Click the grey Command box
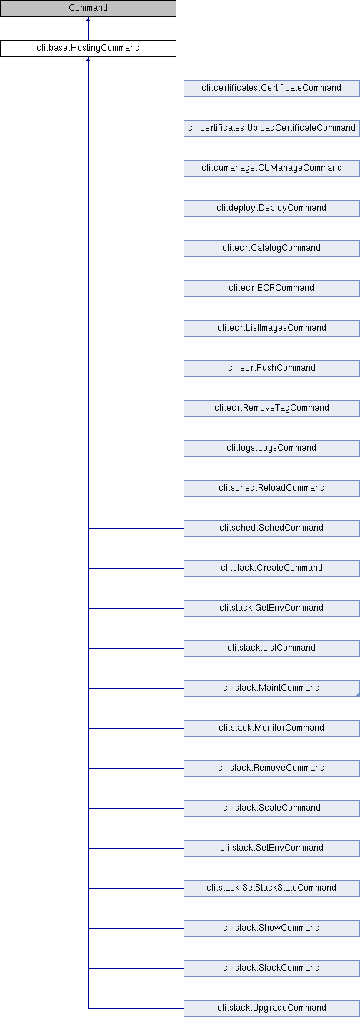point(88,8)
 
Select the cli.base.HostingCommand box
point(88,48)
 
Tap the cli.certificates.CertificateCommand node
point(271,88)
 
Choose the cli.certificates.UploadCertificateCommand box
point(271,128)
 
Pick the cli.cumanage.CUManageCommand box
point(271,168)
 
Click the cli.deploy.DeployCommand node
point(271,208)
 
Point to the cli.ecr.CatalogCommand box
point(271,248)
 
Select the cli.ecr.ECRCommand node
point(271,288)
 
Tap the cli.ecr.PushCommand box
point(271,368)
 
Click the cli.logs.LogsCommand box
point(271,448)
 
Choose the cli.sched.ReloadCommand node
point(271,488)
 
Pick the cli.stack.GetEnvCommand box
point(271,608)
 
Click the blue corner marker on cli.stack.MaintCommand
point(358,695)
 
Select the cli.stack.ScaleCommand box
point(271,807)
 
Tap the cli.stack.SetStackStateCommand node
point(271,887)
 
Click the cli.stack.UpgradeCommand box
point(271,1007)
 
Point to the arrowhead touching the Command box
point(88,19)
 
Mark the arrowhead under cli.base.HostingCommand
point(88,59)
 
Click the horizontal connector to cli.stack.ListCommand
point(136,648)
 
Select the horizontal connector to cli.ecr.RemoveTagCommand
point(136,409)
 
